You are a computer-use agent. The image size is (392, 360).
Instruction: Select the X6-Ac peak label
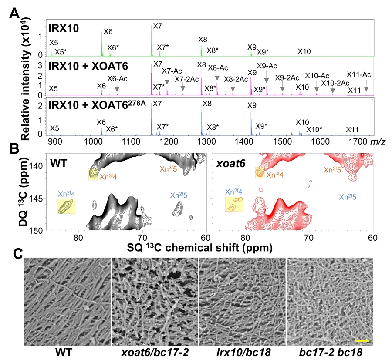pyautogui.click(x=117, y=78)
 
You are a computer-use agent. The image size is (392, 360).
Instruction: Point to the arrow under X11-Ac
pyautogui.click(x=366, y=88)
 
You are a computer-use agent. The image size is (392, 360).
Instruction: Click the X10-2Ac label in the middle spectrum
pyautogui.click(x=335, y=83)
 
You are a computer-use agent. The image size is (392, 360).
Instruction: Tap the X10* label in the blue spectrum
pyautogui.click(x=314, y=129)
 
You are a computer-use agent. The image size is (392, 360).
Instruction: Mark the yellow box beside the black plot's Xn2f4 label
pyautogui.click(x=66, y=206)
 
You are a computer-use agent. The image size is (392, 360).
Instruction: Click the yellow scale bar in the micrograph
pyautogui.click(x=362, y=340)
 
